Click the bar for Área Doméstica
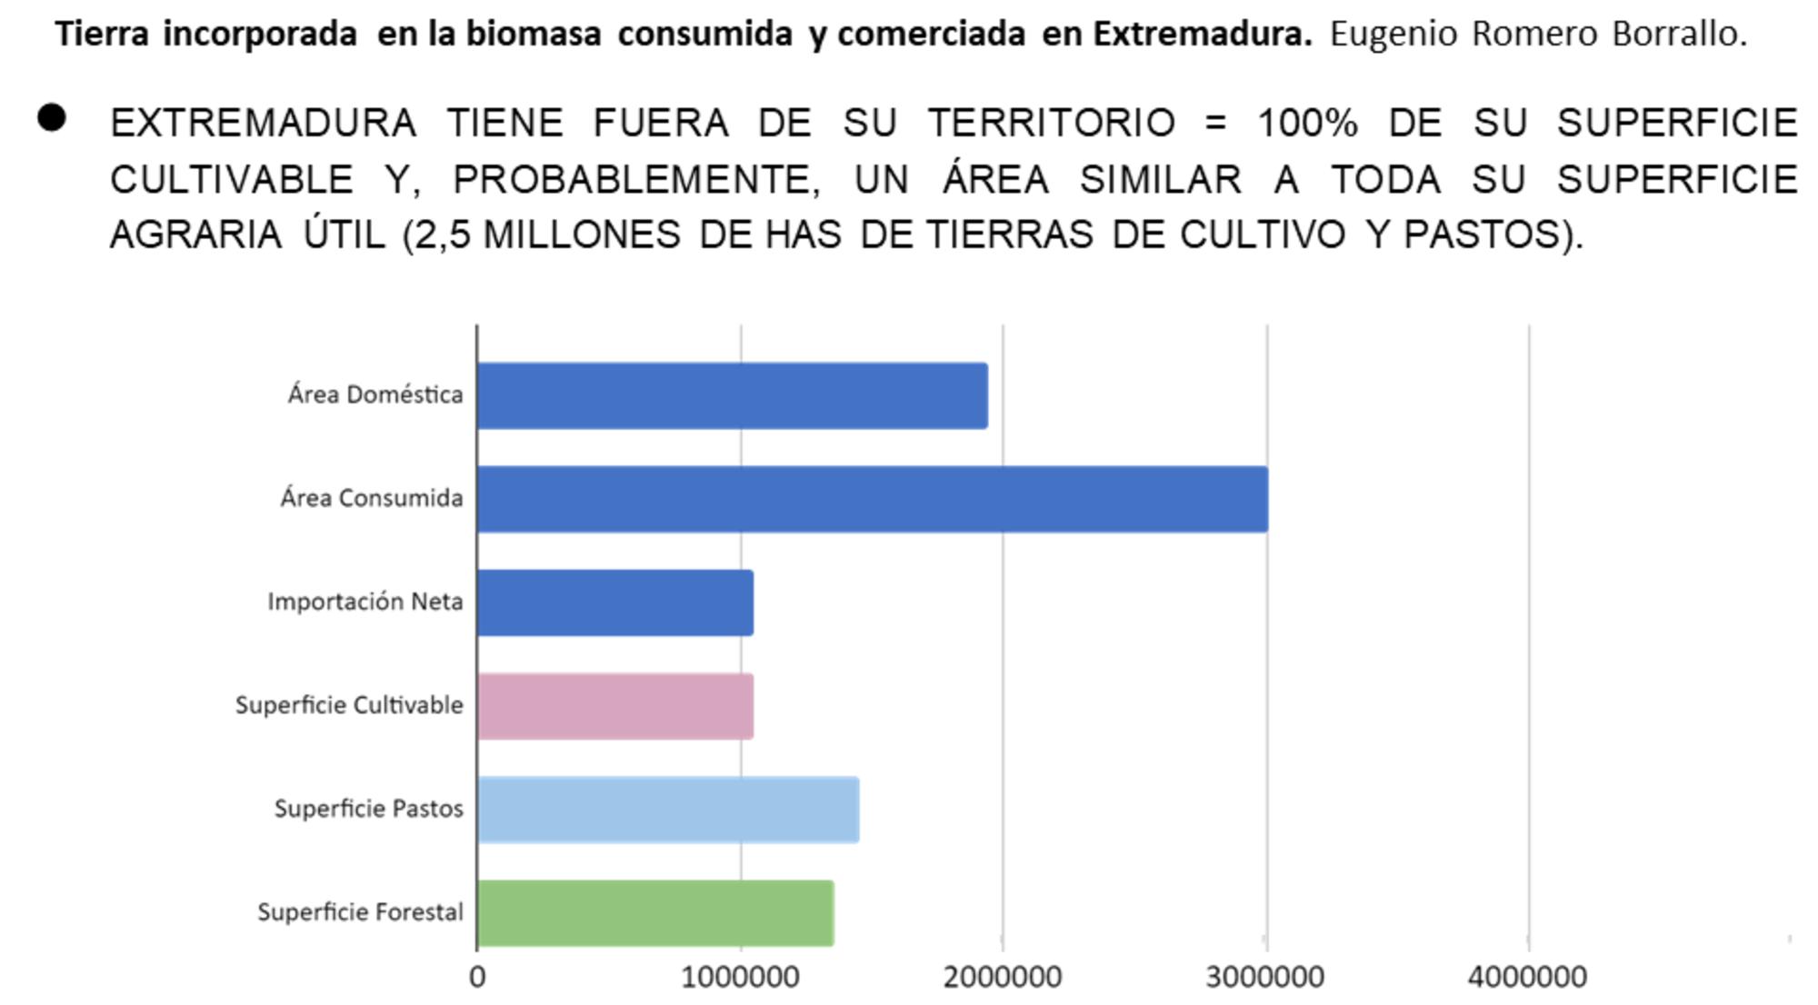point(732,395)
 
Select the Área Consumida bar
point(872,499)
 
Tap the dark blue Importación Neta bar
point(614,602)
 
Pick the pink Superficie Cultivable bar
point(614,706)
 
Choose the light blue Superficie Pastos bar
point(667,810)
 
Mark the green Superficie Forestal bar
point(654,913)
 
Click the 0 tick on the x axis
point(477,978)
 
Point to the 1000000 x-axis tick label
point(740,978)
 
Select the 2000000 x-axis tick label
point(1003,978)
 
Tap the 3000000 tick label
point(1265,978)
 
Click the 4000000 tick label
point(1528,978)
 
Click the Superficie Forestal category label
point(360,912)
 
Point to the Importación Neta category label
point(365,602)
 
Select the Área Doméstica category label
point(375,394)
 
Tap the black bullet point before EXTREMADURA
point(52,118)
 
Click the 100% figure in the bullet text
point(1307,123)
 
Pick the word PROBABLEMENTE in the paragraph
point(635,180)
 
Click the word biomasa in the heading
point(534,34)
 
